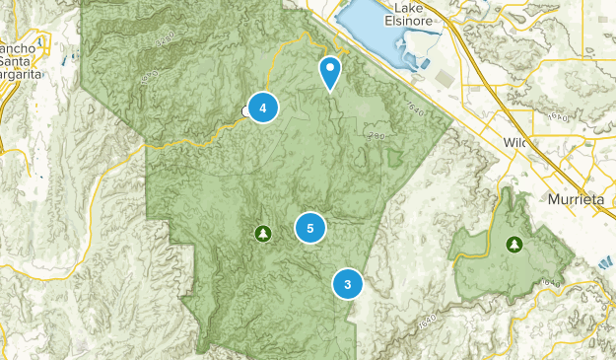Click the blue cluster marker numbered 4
tap(262, 107)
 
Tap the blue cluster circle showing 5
tap(310, 228)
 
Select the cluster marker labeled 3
tap(348, 284)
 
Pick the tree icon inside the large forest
tap(262, 233)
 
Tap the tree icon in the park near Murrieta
tap(513, 243)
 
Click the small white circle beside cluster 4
tap(244, 111)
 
